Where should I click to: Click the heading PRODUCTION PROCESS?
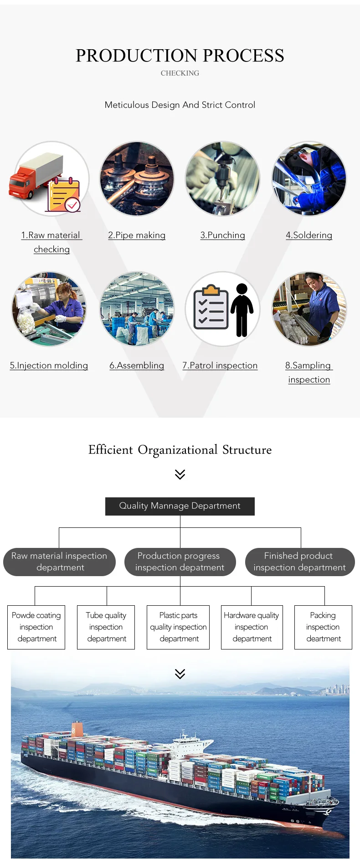pos(180,56)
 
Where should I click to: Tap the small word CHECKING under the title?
pos(180,73)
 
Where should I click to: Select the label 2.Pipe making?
pos(137,235)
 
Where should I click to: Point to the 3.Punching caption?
pos(223,235)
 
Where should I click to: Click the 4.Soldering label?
pos(309,235)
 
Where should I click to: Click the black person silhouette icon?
pos(242,310)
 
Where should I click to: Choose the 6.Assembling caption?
pos(137,366)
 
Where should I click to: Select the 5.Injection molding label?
pos(49,366)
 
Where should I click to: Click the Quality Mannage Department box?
pos(180,506)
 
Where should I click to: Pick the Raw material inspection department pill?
pos(59,562)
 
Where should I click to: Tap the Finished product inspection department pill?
pos(300,562)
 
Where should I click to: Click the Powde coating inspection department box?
pos(36,627)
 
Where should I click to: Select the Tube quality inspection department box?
pos(106,627)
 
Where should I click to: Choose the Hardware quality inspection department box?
pos(252,627)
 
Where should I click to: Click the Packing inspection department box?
pos(323,627)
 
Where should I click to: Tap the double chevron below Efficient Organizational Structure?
pos(180,475)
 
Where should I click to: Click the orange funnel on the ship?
pos(77,729)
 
